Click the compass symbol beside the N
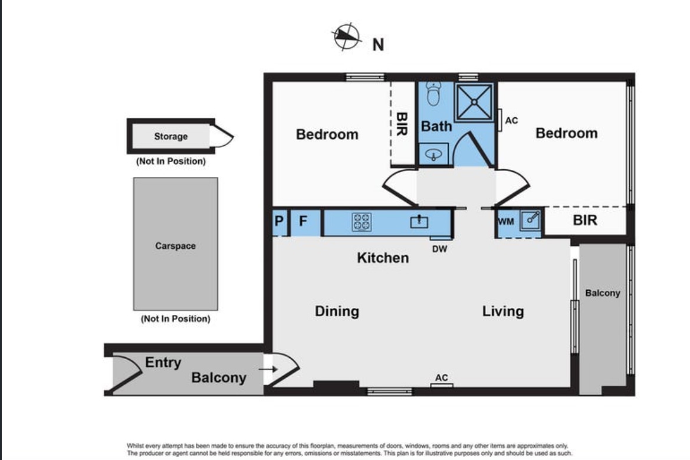point(346,37)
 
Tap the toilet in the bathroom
point(433,94)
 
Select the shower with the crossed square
point(474,102)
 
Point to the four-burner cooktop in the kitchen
point(362,222)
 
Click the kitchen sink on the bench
point(419,221)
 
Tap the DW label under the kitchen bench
point(439,249)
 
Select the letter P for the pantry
point(279,221)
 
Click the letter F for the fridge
point(303,221)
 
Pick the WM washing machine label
point(506,221)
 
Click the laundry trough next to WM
point(530,219)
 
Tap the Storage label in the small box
point(171,136)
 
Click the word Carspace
point(175,245)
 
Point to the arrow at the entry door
point(268,369)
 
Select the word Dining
point(337,311)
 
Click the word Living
point(503,311)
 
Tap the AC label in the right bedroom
point(511,121)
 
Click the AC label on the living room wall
point(441,377)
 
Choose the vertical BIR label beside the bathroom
point(402,124)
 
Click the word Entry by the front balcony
point(163,363)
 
